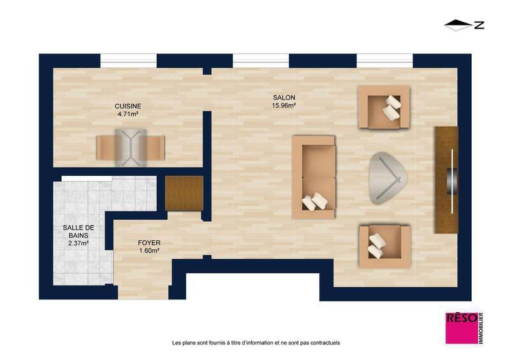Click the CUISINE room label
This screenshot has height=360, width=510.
coord(127,106)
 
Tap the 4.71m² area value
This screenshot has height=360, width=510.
coord(127,114)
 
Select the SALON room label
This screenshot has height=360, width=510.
coord(284,97)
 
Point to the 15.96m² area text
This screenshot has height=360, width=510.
coord(284,106)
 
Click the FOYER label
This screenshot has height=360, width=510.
coord(149,243)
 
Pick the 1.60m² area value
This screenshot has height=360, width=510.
coord(149,251)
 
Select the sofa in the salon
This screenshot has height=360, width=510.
coord(313,176)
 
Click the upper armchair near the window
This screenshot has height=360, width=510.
coord(384,106)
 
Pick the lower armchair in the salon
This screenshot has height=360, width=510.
coord(384,245)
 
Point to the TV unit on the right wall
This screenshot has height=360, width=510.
coord(446,180)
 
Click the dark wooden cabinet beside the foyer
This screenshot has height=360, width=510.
coord(184,192)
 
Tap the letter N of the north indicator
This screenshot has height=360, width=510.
coord(479,25)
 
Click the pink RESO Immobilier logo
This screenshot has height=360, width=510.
coord(464,329)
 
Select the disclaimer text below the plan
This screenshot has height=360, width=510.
coord(256,343)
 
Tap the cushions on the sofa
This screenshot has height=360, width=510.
coord(315,202)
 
